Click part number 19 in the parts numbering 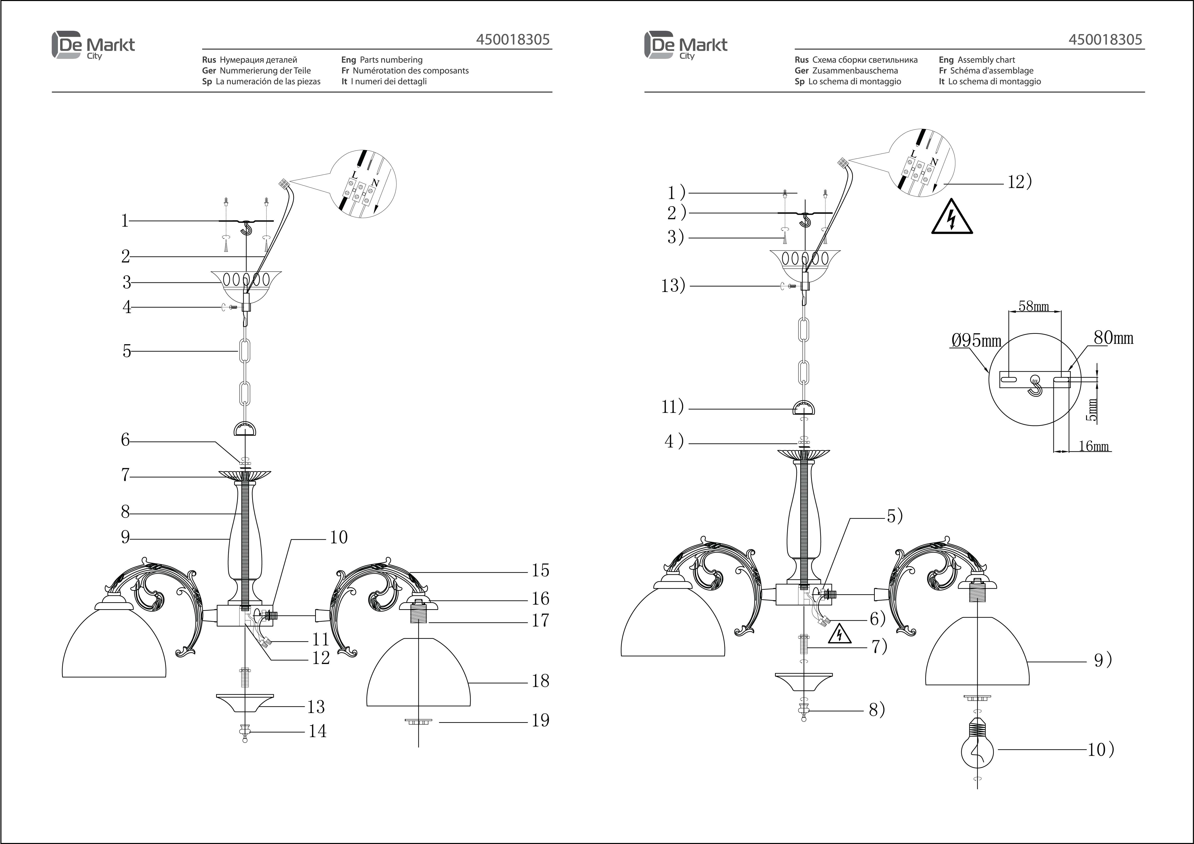pos(540,720)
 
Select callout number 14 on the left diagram pos(317,731)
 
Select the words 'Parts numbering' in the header pos(391,60)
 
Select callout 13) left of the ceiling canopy pos(673,285)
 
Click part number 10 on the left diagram pos(338,537)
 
